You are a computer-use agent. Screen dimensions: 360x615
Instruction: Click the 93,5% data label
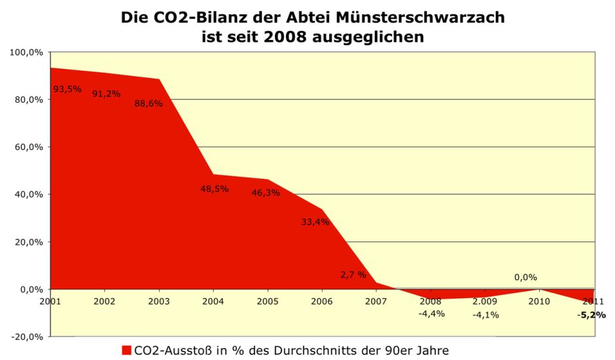[67, 89]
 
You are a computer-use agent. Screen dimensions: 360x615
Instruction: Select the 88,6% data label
[149, 103]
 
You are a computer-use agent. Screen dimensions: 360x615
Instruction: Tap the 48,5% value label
[214, 189]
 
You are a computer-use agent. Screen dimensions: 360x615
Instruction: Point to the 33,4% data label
[315, 222]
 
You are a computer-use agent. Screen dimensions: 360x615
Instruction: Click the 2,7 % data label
[353, 275]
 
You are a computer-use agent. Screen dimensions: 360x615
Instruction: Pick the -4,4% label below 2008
[431, 314]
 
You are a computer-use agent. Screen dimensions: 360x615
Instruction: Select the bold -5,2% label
[591, 315]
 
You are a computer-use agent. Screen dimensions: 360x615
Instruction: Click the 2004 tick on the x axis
[213, 301]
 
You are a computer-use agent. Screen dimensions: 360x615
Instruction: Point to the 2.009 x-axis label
[485, 301]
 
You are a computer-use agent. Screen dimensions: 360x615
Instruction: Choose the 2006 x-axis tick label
[322, 301]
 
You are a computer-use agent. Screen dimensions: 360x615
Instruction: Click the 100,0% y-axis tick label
[27, 52]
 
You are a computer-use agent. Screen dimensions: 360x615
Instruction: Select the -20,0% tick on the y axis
[27, 336]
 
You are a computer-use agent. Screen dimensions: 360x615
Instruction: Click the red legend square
[126, 350]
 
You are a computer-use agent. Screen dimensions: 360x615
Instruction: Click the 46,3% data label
[266, 193]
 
